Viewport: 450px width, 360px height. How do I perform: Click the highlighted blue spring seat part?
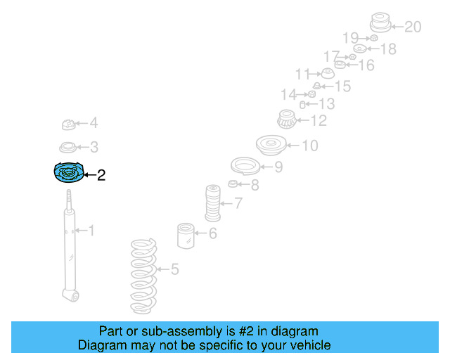tap(69, 173)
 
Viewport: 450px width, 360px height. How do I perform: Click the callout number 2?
tap(101, 175)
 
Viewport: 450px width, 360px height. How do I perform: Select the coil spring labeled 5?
tap(143, 276)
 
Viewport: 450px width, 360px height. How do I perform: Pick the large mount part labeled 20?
tap(380, 23)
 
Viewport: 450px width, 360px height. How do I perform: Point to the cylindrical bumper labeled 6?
tap(186, 235)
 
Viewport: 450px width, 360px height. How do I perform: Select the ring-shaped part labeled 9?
tap(245, 167)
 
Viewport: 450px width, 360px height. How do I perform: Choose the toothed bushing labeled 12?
tap(286, 120)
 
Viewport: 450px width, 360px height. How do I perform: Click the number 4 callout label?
tap(93, 124)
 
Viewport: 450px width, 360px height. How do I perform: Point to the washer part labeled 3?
tap(67, 148)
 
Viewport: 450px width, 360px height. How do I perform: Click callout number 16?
tap(366, 65)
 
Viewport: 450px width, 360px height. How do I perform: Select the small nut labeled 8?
tap(233, 185)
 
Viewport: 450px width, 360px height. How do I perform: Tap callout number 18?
tap(387, 49)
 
